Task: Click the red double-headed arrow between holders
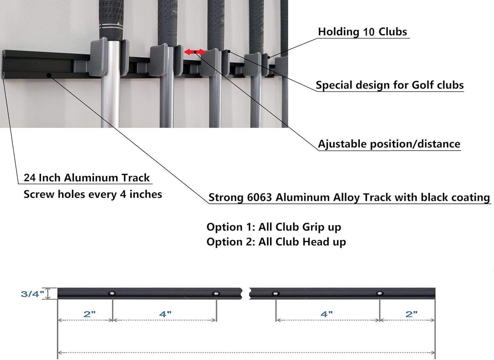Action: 195,52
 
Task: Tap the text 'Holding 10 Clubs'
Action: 362,32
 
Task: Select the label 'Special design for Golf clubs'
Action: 390,85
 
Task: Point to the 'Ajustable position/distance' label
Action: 389,144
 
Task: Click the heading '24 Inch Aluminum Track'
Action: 87,178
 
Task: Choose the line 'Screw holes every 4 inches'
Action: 93,194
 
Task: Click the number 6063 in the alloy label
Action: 260,197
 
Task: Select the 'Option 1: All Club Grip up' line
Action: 274,227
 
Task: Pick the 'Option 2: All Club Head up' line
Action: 276,242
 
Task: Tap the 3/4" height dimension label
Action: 32,294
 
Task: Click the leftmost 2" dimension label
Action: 90,314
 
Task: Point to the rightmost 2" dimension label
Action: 412,314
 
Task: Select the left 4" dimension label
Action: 165,314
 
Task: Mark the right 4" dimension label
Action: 327,314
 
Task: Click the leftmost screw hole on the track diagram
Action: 112,293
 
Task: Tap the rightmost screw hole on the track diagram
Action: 379,293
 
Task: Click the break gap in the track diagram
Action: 246,293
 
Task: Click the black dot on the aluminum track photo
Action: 49,76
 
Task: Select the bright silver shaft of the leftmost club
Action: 110,84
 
